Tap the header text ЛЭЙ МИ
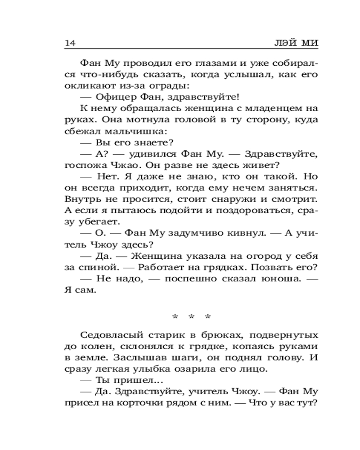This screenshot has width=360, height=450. point(297,43)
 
